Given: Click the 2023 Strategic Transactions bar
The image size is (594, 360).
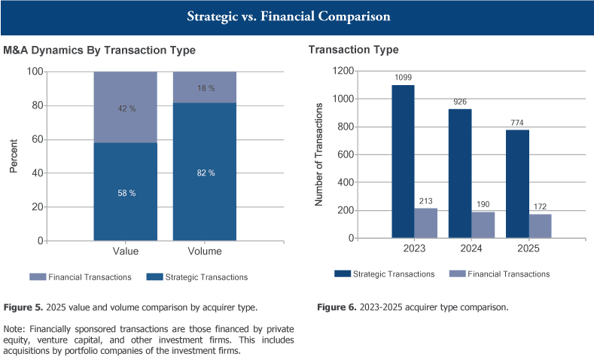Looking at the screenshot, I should point(403,161).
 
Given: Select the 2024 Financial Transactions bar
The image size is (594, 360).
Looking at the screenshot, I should point(482,224).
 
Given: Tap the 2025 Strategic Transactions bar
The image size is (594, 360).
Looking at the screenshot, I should point(516,184).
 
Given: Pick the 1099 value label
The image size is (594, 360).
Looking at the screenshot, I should point(403,78).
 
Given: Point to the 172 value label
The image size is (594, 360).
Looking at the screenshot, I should point(539,206).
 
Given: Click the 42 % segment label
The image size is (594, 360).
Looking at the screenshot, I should point(126,109).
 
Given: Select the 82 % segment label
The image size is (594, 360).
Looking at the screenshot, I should point(205,172).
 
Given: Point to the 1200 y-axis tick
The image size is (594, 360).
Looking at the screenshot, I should point(344,71).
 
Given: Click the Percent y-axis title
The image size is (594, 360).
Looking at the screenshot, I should point(14,156).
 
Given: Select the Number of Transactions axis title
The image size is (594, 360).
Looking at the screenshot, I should point(318,154).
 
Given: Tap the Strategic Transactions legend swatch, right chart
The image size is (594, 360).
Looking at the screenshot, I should point(343,274).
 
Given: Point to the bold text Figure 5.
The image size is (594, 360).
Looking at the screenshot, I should point(23,307).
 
